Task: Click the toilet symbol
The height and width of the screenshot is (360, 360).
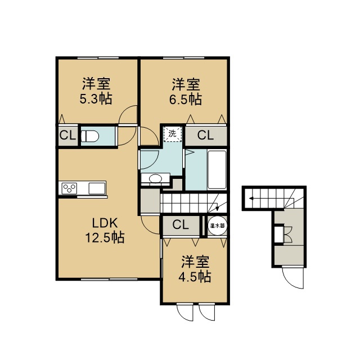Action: coord(90,136)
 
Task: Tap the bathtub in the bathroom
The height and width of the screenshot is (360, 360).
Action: coord(217,170)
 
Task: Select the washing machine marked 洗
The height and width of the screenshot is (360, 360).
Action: coord(173,134)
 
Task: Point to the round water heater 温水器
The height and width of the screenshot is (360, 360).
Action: coord(217,226)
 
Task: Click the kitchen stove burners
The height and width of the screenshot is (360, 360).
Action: coord(69,188)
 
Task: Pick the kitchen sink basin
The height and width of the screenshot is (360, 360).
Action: coord(97,188)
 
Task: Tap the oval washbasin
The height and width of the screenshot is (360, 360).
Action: coord(155,178)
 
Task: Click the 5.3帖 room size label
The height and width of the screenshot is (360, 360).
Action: coord(96,100)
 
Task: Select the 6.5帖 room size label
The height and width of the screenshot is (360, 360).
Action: coord(186,100)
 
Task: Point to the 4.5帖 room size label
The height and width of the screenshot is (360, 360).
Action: coord(195,277)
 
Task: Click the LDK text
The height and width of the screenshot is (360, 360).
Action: coord(105,223)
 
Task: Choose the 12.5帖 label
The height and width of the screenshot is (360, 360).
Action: coord(105,237)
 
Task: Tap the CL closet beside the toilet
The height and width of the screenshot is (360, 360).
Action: coord(67,136)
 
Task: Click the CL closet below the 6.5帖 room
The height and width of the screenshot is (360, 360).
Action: coord(205,135)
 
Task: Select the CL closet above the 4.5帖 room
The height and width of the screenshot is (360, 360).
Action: coord(181,225)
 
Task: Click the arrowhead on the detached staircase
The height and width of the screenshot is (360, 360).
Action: coord(251,199)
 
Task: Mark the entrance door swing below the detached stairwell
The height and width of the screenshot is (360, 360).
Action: coord(293,277)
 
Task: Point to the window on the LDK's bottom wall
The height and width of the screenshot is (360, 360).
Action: coord(109,279)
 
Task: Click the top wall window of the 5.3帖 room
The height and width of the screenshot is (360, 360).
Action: coord(98,57)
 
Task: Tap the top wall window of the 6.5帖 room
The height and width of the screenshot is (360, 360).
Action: coord(184,57)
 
